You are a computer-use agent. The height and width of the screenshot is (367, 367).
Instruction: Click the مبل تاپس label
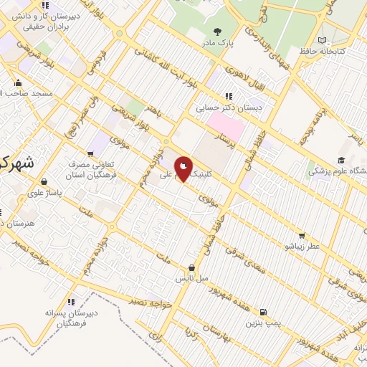[193, 277]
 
